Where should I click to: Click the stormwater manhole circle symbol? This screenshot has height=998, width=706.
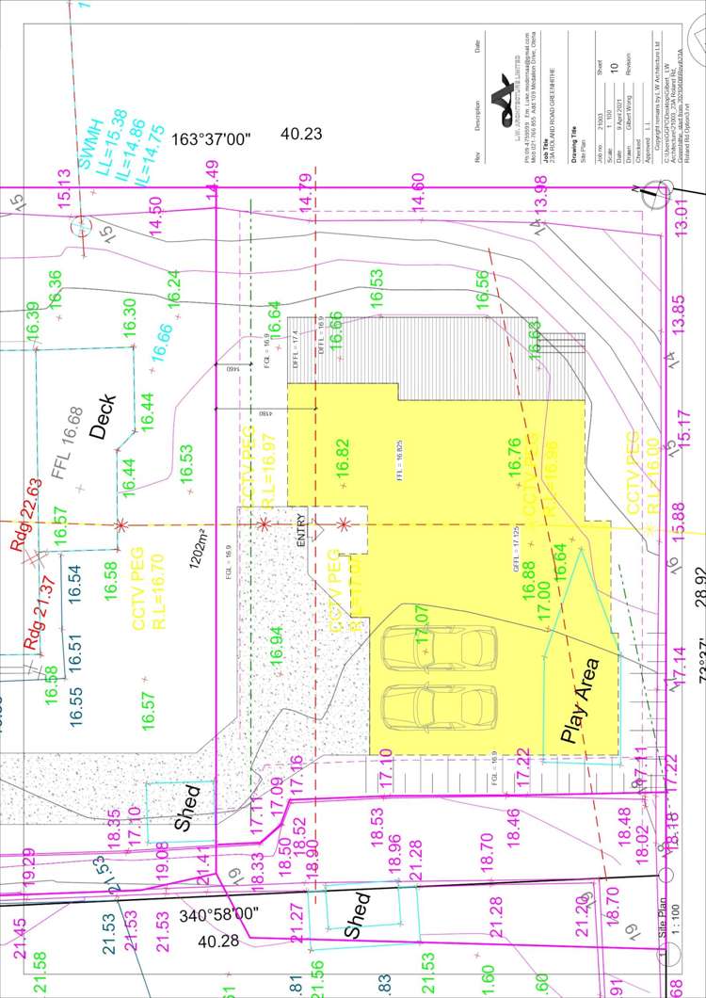[83, 227]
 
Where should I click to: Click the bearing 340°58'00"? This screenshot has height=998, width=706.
[219, 914]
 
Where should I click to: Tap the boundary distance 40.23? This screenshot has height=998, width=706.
[301, 134]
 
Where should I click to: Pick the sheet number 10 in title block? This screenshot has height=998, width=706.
[614, 66]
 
